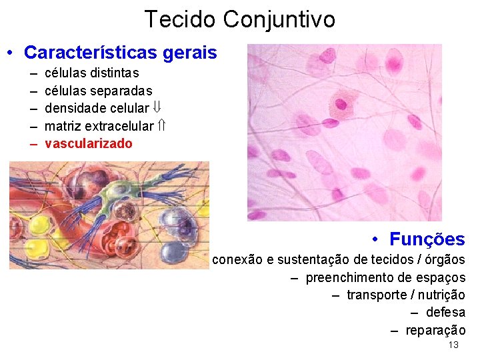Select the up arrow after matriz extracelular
click(x=162, y=125)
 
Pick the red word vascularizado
click(x=88, y=143)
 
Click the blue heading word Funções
click(x=427, y=239)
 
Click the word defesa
click(x=445, y=313)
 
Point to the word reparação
click(x=435, y=330)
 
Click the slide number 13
click(x=453, y=345)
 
